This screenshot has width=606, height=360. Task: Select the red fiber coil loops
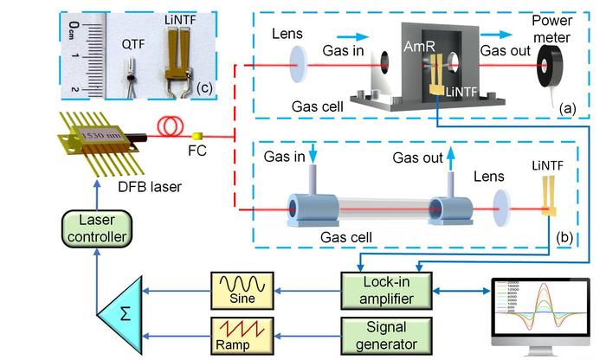point(167,129)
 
